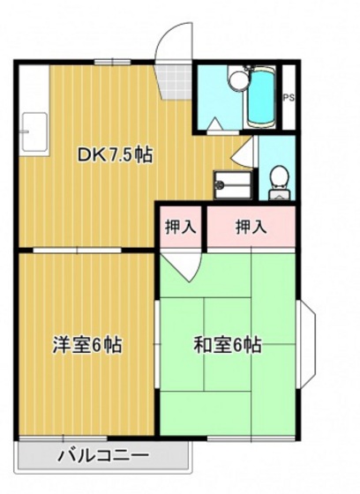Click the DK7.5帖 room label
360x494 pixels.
click(x=115, y=155)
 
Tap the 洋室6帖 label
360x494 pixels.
click(x=85, y=344)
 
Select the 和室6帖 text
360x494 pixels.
click(x=227, y=344)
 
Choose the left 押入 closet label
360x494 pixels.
click(x=181, y=227)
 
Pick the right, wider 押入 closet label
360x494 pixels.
click(x=251, y=227)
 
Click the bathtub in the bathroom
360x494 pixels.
click(x=262, y=96)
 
